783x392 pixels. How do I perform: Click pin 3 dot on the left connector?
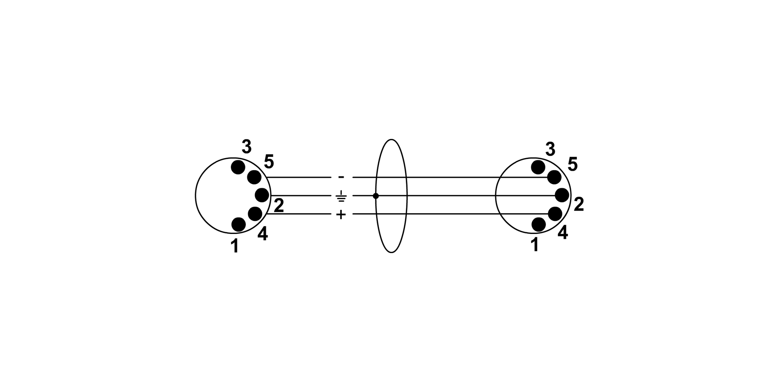point(238,167)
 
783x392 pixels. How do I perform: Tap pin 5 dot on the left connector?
point(254,177)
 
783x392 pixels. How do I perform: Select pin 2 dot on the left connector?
point(262,195)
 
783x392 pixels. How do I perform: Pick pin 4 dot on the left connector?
point(255,214)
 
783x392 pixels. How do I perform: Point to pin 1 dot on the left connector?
point(239,224)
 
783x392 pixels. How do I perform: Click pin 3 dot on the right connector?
point(538,167)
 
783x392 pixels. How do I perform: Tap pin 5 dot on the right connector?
point(554,177)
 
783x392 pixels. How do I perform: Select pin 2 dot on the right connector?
point(562,195)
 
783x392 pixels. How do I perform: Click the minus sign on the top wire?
point(341,177)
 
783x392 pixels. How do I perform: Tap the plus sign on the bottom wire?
point(341,214)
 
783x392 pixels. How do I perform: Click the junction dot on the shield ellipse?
point(376,196)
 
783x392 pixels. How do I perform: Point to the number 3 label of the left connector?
point(247,147)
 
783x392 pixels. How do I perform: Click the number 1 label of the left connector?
point(235,246)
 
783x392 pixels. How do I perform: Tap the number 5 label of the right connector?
point(573,164)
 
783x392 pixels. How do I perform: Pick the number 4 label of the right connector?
point(563,233)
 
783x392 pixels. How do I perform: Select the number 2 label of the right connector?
point(579,205)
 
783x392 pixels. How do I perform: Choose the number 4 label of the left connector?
point(263,234)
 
